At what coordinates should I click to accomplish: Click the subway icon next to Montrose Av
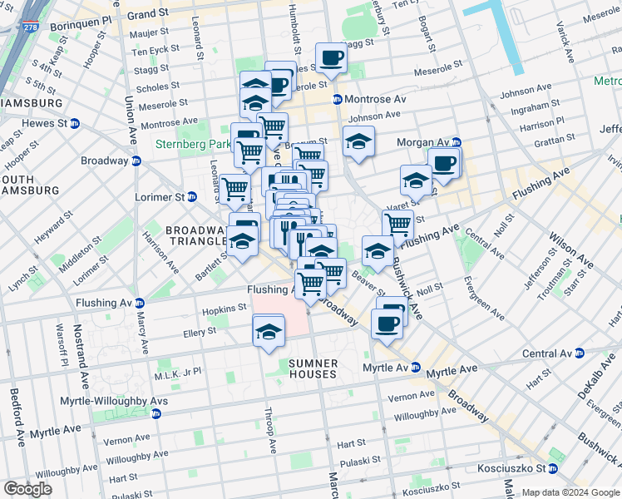coord(338,99)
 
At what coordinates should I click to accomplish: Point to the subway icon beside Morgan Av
coord(456,142)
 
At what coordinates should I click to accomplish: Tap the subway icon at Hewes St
coord(75,123)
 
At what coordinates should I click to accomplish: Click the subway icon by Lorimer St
coord(191,197)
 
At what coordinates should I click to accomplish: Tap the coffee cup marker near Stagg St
coord(332,58)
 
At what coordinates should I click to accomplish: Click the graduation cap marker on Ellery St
coord(269,333)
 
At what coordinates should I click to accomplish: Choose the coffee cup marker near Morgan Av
coord(444,163)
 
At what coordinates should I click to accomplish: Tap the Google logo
coord(27,489)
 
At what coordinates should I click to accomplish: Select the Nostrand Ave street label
coord(85,367)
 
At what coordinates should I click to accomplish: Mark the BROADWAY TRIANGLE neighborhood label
coord(196,235)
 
